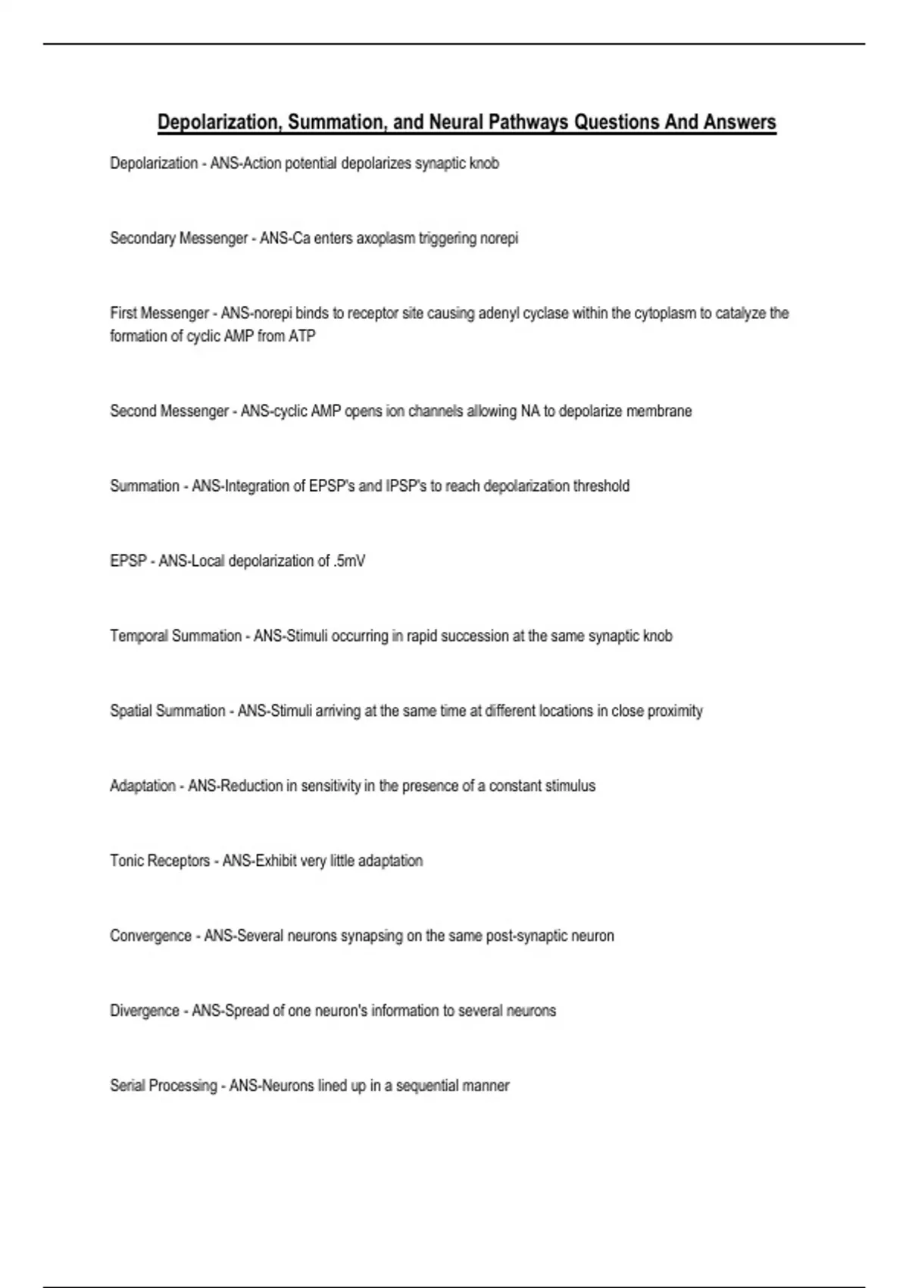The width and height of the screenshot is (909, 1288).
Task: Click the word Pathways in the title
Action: [x=526, y=122]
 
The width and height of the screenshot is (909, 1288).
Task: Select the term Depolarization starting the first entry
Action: [x=154, y=164]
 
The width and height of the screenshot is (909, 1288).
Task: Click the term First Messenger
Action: [x=159, y=314]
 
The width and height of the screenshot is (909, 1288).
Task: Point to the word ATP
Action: [x=301, y=336]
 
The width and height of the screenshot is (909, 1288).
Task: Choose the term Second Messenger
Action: [x=169, y=411]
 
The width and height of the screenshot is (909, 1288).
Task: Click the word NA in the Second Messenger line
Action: [x=529, y=411]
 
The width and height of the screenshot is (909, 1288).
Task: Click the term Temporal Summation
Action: [x=176, y=636]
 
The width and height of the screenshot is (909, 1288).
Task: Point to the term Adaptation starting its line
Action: [x=142, y=786]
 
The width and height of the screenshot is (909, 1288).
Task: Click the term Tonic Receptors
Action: [x=160, y=861]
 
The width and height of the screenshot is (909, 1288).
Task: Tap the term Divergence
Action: [x=145, y=1011]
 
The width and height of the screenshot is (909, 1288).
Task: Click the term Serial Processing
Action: [x=164, y=1086]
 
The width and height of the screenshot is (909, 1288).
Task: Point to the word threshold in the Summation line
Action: [x=601, y=486]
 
